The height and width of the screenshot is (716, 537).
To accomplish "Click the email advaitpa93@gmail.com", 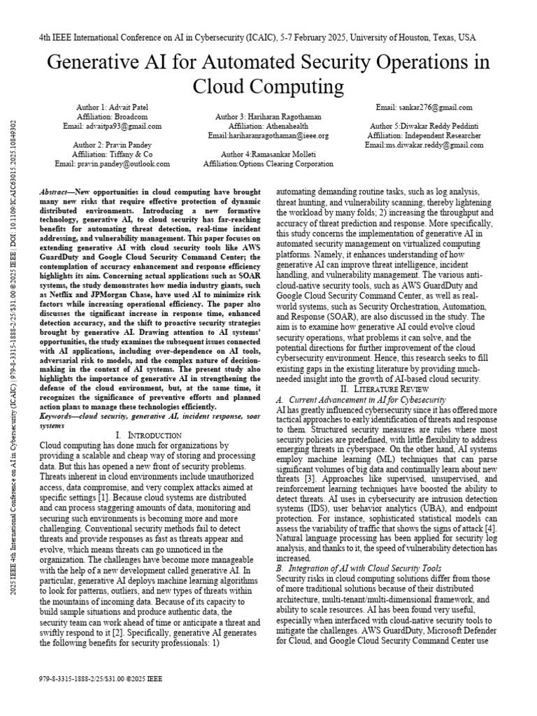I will (113, 127).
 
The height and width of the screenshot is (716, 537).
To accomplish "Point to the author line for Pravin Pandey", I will (113, 144).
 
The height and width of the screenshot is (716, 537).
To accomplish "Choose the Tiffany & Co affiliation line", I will (113, 154).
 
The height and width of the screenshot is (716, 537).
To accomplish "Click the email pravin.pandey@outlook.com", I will (113, 164).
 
